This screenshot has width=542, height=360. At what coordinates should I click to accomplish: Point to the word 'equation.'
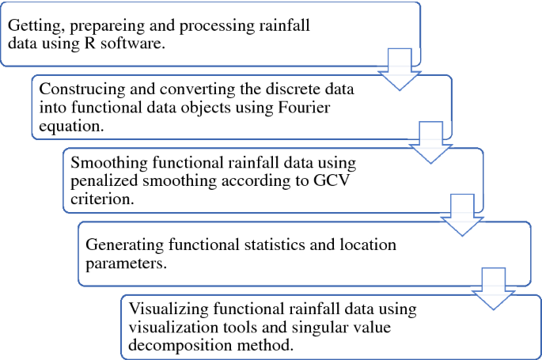67,123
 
